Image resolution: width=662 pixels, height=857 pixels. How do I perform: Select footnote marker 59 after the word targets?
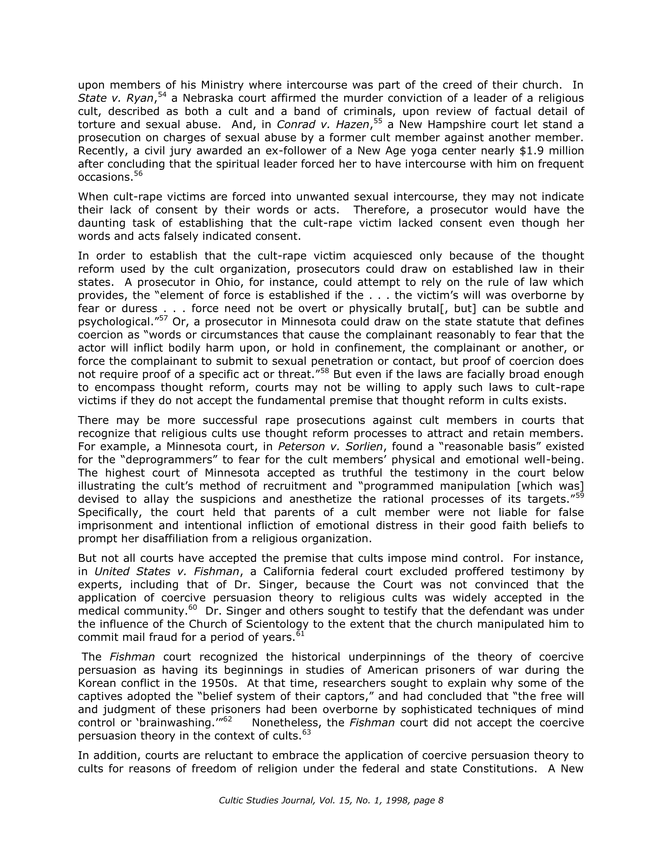click(x=580, y=495)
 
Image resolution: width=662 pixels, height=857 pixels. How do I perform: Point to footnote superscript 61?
click(x=300, y=633)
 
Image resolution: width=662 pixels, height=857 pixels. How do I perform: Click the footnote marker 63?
click(x=307, y=732)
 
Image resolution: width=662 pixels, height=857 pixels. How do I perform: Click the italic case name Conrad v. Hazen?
click(x=323, y=124)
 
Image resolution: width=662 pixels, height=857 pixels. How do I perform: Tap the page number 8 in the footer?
click(x=441, y=801)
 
